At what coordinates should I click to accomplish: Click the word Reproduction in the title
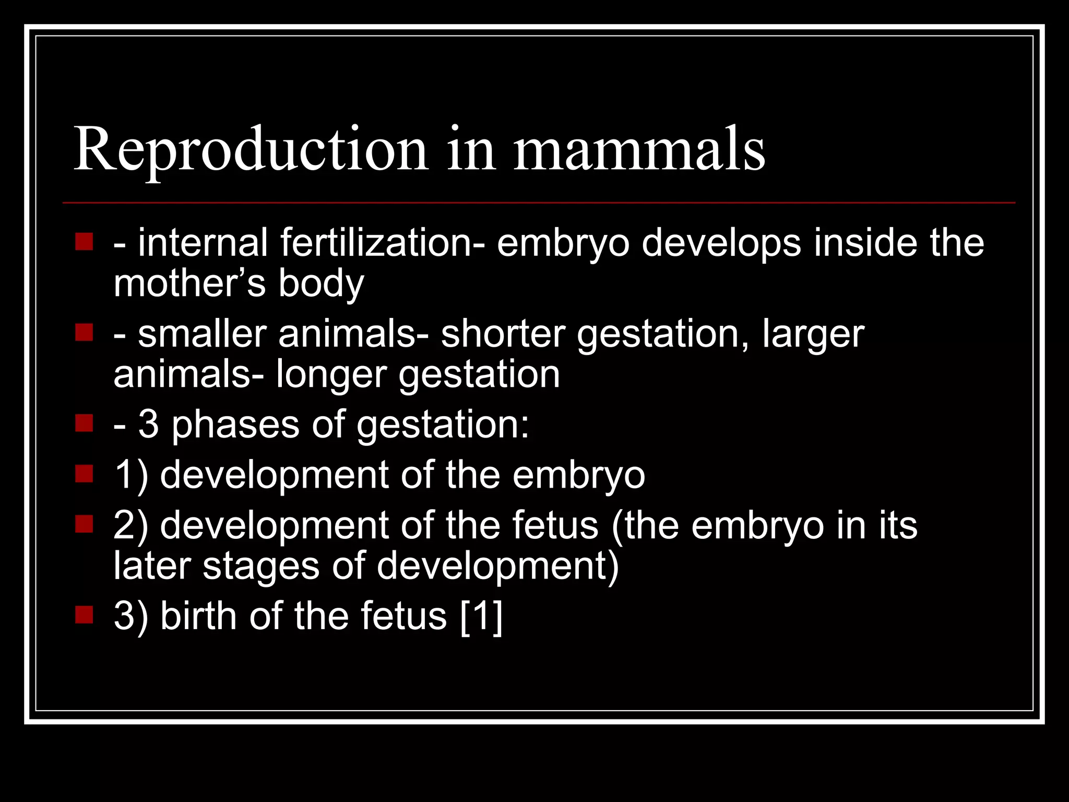coord(251,150)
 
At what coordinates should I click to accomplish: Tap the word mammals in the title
coord(639,150)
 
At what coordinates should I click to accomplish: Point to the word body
coord(320,285)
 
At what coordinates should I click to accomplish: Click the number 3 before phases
coord(148,423)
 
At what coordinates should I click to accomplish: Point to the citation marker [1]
coord(482,616)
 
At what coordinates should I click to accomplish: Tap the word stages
coord(260,567)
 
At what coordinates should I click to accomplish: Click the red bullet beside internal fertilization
coord(84,242)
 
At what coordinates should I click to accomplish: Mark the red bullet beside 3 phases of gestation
coord(84,423)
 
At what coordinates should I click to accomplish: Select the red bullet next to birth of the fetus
coord(84,615)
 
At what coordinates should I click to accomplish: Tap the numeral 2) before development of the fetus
coord(130,525)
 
